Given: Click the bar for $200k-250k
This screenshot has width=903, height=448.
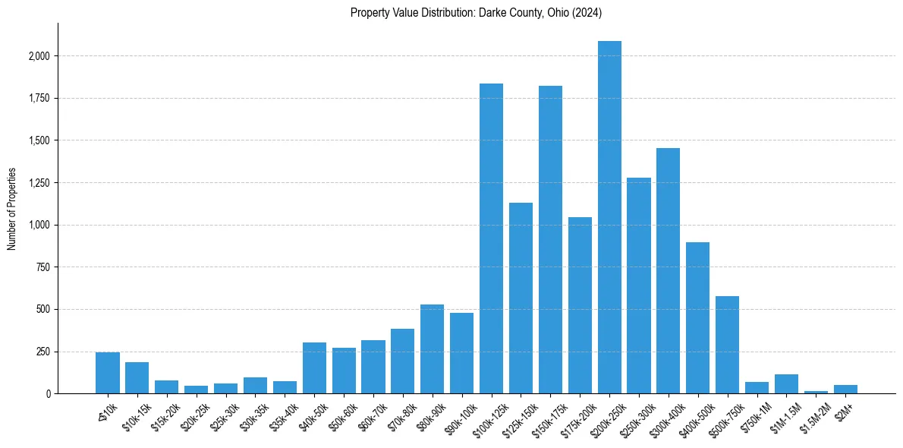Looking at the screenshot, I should point(609,217).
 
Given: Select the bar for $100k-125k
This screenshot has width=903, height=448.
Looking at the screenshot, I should point(491,238).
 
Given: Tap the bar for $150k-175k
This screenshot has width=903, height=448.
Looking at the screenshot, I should point(550,240).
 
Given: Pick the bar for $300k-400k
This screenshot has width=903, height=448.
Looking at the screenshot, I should point(668,271).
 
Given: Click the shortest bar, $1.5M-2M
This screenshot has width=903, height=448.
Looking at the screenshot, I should point(816,392).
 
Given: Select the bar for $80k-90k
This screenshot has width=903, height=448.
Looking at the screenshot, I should point(432,349).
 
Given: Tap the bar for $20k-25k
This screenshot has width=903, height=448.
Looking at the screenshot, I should point(196,390).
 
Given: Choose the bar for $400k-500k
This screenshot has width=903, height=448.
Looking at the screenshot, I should point(697,318).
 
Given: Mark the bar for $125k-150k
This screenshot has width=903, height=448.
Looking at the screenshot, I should point(521,298).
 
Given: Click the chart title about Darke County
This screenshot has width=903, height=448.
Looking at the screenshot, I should point(476,12).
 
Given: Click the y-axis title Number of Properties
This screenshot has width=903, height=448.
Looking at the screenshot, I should point(12,209).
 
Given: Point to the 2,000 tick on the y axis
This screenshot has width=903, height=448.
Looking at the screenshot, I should point(39,56).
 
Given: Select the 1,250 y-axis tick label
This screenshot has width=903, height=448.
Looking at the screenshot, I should point(39,183).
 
